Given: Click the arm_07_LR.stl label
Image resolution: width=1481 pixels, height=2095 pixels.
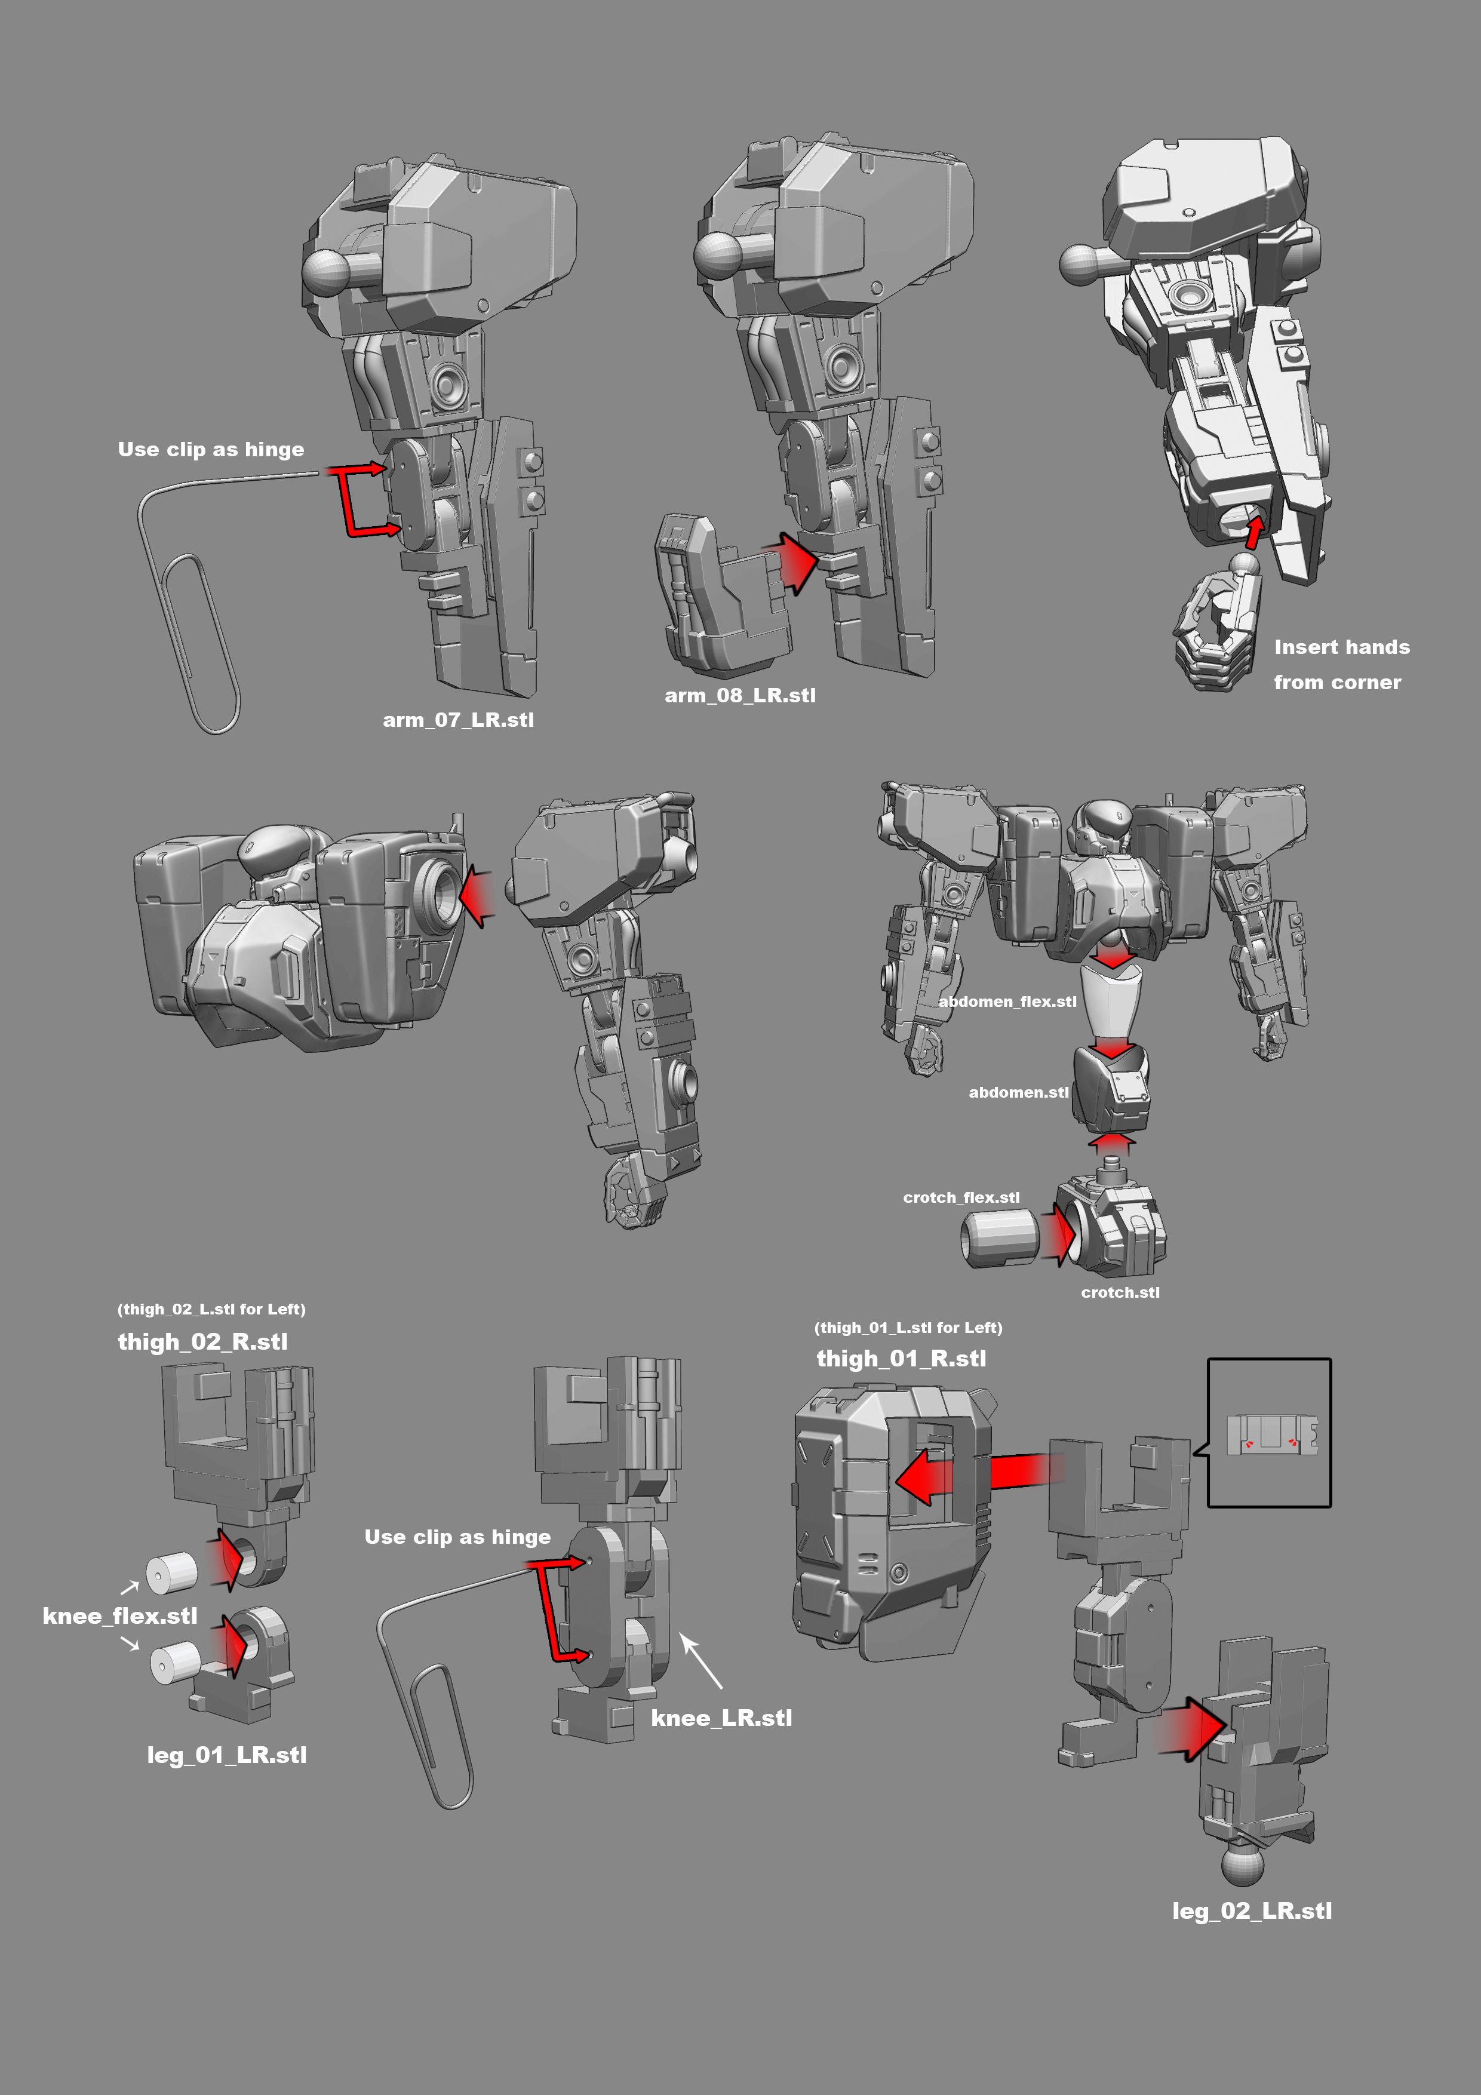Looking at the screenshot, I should (458, 720).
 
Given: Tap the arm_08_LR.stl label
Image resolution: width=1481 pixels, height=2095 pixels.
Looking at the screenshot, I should (740, 695).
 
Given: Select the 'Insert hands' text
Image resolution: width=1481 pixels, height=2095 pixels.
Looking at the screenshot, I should (1341, 647).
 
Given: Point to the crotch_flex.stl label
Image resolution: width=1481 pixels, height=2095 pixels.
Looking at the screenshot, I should (961, 1197).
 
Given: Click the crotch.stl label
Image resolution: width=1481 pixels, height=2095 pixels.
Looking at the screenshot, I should (1120, 1292).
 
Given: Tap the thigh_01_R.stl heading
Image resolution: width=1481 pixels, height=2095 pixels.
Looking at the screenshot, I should (901, 1359).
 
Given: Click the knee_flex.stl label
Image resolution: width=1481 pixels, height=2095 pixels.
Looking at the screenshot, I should (119, 1616).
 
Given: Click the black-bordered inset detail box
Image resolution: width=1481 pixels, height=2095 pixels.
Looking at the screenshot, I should (1268, 1433).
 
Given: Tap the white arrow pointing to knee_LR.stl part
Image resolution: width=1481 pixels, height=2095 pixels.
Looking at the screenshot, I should (703, 1663).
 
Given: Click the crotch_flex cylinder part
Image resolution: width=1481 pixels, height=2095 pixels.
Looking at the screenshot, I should (999, 1237).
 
